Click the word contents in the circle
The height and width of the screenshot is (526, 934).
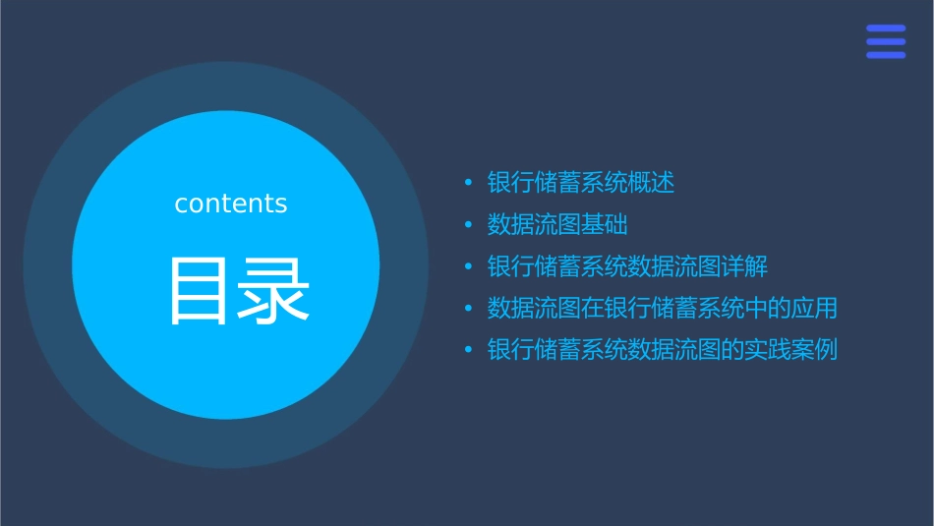pyautogui.click(x=231, y=204)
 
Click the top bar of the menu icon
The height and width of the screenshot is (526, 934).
pyautogui.click(x=886, y=29)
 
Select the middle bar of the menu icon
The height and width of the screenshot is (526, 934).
pyautogui.click(x=886, y=41)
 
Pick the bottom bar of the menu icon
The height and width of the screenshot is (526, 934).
pyautogui.click(x=886, y=55)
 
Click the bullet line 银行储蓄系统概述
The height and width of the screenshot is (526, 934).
pyautogui.click(x=581, y=183)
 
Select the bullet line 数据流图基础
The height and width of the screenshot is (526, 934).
pyautogui.click(x=557, y=224)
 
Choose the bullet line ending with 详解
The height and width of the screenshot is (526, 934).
pyautogui.click(x=627, y=266)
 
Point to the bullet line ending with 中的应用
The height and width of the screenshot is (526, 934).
pyautogui.click(x=663, y=308)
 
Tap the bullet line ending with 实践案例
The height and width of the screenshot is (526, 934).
pyautogui.click(x=663, y=350)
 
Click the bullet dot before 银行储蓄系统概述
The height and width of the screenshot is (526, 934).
pyautogui.click(x=468, y=183)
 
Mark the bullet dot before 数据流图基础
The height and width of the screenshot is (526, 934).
pyautogui.click(x=468, y=225)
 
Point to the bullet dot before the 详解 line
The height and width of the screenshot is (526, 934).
pyautogui.click(x=468, y=266)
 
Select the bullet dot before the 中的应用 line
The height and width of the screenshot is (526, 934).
pyautogui.click(x=468, y=309)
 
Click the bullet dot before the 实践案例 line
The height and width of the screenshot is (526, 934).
pyautogui.click(x=468, y=350)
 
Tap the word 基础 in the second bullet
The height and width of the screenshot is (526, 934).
pyautogui.click(x=605, y=224)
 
